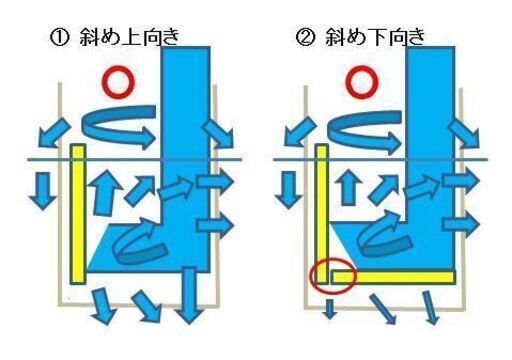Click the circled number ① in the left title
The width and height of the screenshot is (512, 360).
[58, 39]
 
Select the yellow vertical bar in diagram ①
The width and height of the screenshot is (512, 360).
[78, 215]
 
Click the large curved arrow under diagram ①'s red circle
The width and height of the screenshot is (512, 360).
[120, 127]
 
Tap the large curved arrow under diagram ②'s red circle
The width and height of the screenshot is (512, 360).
[367, 128]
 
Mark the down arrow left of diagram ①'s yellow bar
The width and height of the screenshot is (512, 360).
[42, 187]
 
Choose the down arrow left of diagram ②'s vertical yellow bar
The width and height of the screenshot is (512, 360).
[291, 188]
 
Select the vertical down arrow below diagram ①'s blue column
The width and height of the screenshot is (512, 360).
[188, 305]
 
